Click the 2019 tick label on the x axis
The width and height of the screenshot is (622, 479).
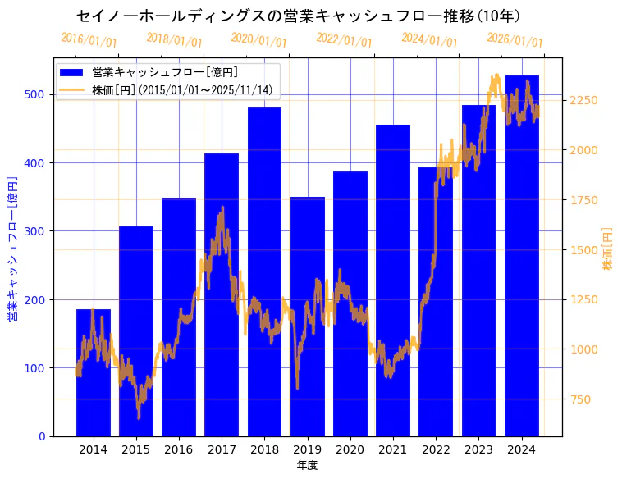pyautogui.click(x=307, y=449)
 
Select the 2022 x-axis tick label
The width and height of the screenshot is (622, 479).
pyautogui.click(x=436, y=449)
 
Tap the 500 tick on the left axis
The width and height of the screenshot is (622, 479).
pyautogui.click(x=35, y=94)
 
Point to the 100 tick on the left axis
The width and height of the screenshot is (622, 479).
pyautogui.click(x=35, y=367)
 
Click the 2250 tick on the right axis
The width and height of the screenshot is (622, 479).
pyautogui.click(x=584, y=100)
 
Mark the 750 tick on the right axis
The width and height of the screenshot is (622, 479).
pyautogui.click(x=581, y=399)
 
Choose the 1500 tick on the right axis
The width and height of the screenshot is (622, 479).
pyautogui.click(x=584, y=249)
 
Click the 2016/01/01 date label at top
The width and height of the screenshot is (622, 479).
pyautogui.click(x=89, y=39)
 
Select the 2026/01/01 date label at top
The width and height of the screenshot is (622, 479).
pyautogui.click(x=515, y=39)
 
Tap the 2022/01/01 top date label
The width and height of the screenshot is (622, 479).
pyautogui.click(x=344, y=39)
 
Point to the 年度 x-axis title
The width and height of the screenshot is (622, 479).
pyautogui.click(x=307, y=465)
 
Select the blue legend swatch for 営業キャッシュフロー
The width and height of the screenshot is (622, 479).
pyautogui.click(x=72, y=72)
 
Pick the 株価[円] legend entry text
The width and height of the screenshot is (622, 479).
pyautogui.click(x=181, y=89)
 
